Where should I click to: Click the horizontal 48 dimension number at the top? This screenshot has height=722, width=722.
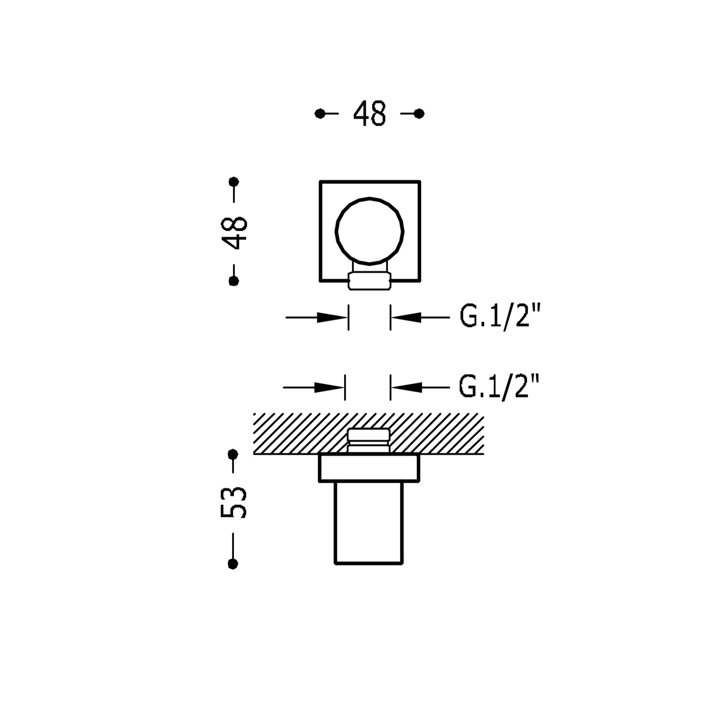[369, 114]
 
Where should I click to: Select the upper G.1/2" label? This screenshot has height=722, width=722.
[500, 317]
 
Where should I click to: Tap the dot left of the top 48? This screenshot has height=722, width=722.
[320, 114]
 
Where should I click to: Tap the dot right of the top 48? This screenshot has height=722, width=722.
[419, 114]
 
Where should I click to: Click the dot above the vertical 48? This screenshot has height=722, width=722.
[234, 182]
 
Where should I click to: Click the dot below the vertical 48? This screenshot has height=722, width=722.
[234, 281]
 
